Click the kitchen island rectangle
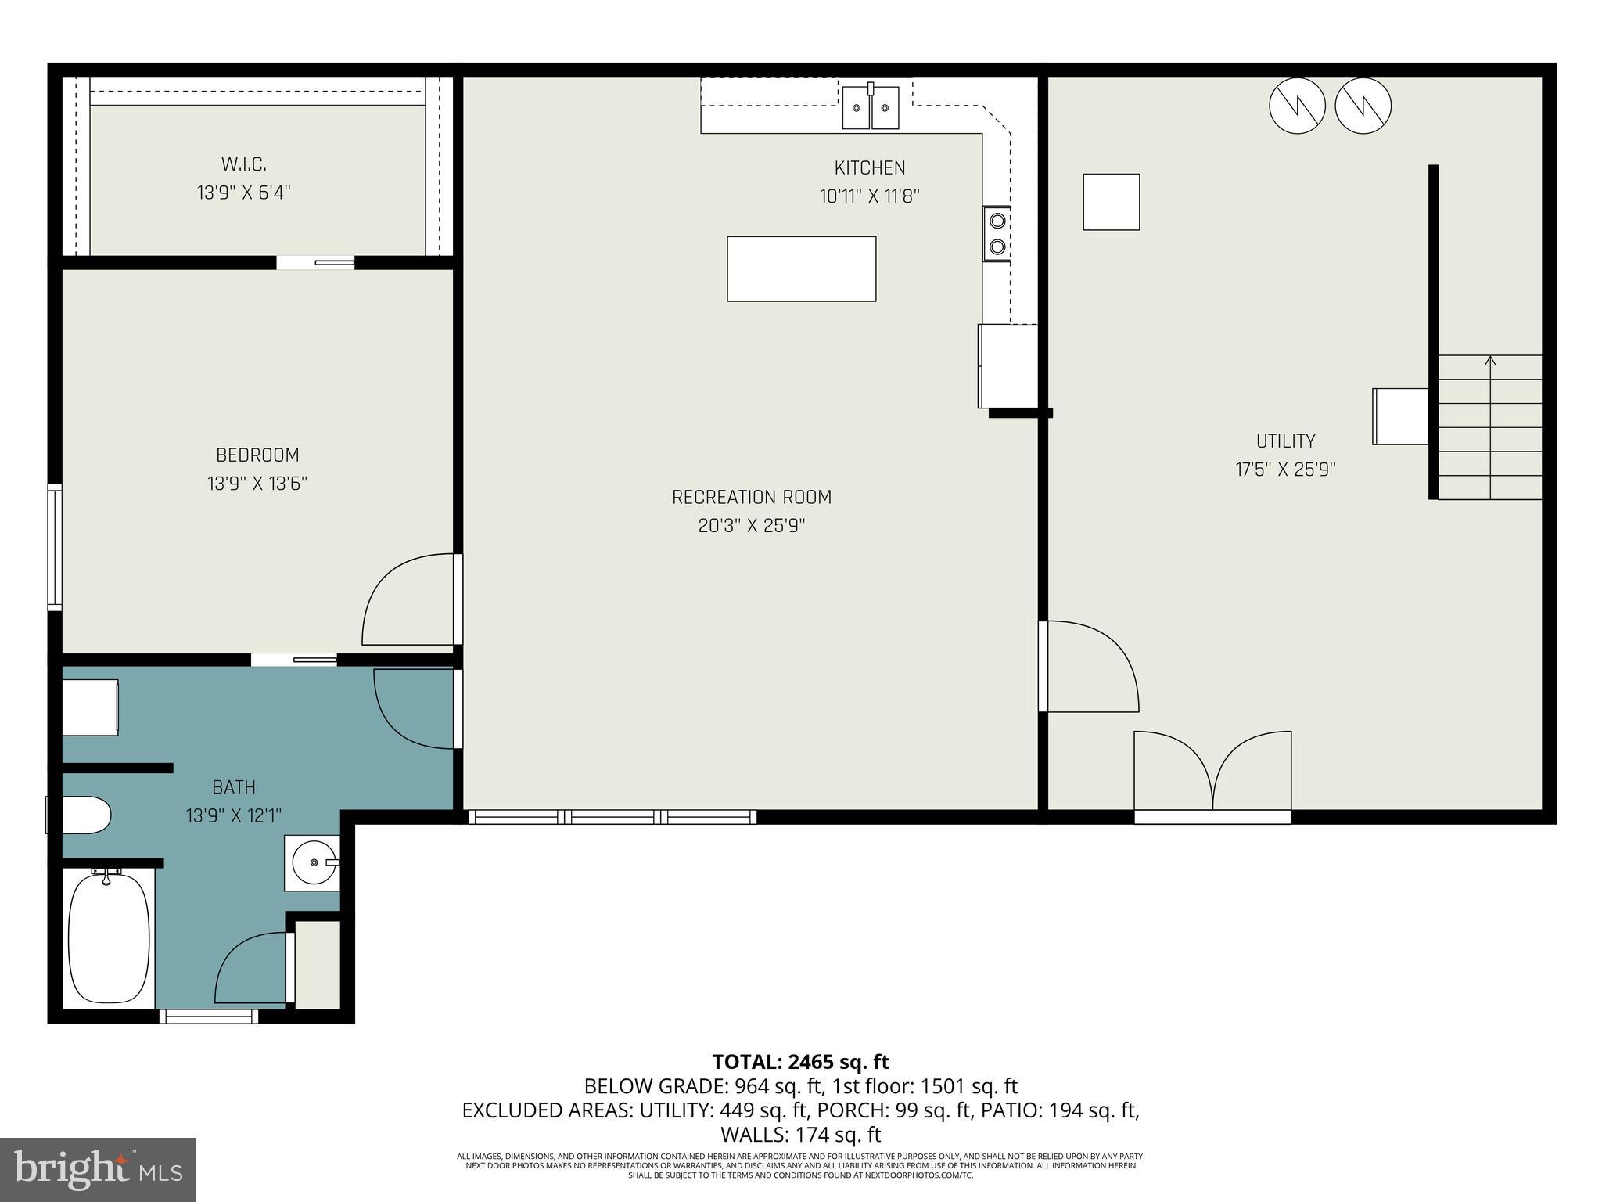tap(801, 268)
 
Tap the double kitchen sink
tap(870, 108)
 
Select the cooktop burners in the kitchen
tap(997, 233)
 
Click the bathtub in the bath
tap(109, 938)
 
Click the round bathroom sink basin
tap(313, 862)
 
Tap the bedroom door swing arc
tap(407, 599)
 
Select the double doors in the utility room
tap(1212, 772)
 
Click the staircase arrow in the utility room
tap(1490, 362)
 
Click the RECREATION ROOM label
tap(751, 497)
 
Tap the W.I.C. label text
tap(243, 164)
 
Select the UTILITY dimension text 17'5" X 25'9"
tap(1285, 470)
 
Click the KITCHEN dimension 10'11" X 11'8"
tap(869, 196)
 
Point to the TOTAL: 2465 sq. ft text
tap(800, 1062)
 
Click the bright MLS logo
tap(97, 1169)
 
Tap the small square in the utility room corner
tap(1111, 202)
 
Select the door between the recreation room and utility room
tap(1091, 666)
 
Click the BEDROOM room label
tap(257, 455)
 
